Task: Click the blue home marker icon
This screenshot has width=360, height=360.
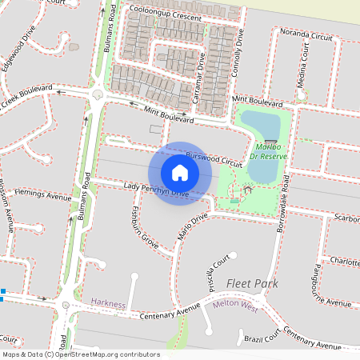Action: pos(180,173)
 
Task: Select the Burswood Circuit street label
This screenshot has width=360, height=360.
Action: pos(213,156)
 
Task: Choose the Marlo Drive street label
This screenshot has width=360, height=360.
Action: pos(191,225)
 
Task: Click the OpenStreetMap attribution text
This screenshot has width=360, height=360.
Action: pos(81,354)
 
